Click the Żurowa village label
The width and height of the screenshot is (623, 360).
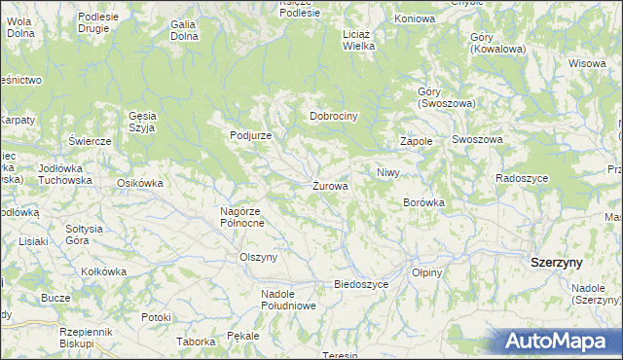(x=330, y=186)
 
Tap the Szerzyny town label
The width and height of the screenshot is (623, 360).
(x=556, y=263)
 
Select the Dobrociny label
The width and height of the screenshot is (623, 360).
(x=335, y=116)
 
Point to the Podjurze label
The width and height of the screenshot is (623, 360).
(x=250, y=135)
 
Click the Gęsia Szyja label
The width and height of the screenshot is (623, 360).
(x=142, y=120)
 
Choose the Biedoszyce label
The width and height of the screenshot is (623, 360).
(x=361, y=284)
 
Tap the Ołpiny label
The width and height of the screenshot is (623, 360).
(x=426, y=272)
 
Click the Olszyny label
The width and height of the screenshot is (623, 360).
(x=259, y=257)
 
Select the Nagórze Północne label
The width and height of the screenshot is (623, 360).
(x=242, y=216)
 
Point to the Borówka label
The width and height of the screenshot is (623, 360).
(x=423, y=202)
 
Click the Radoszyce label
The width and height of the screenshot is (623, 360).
(x=522, y=179)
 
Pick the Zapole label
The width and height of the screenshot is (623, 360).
(x=416, y=141)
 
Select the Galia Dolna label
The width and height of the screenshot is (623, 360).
(x=183, y=30)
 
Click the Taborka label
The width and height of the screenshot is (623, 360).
(x=195, y=342)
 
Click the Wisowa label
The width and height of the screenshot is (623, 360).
(x=587, y=63)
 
